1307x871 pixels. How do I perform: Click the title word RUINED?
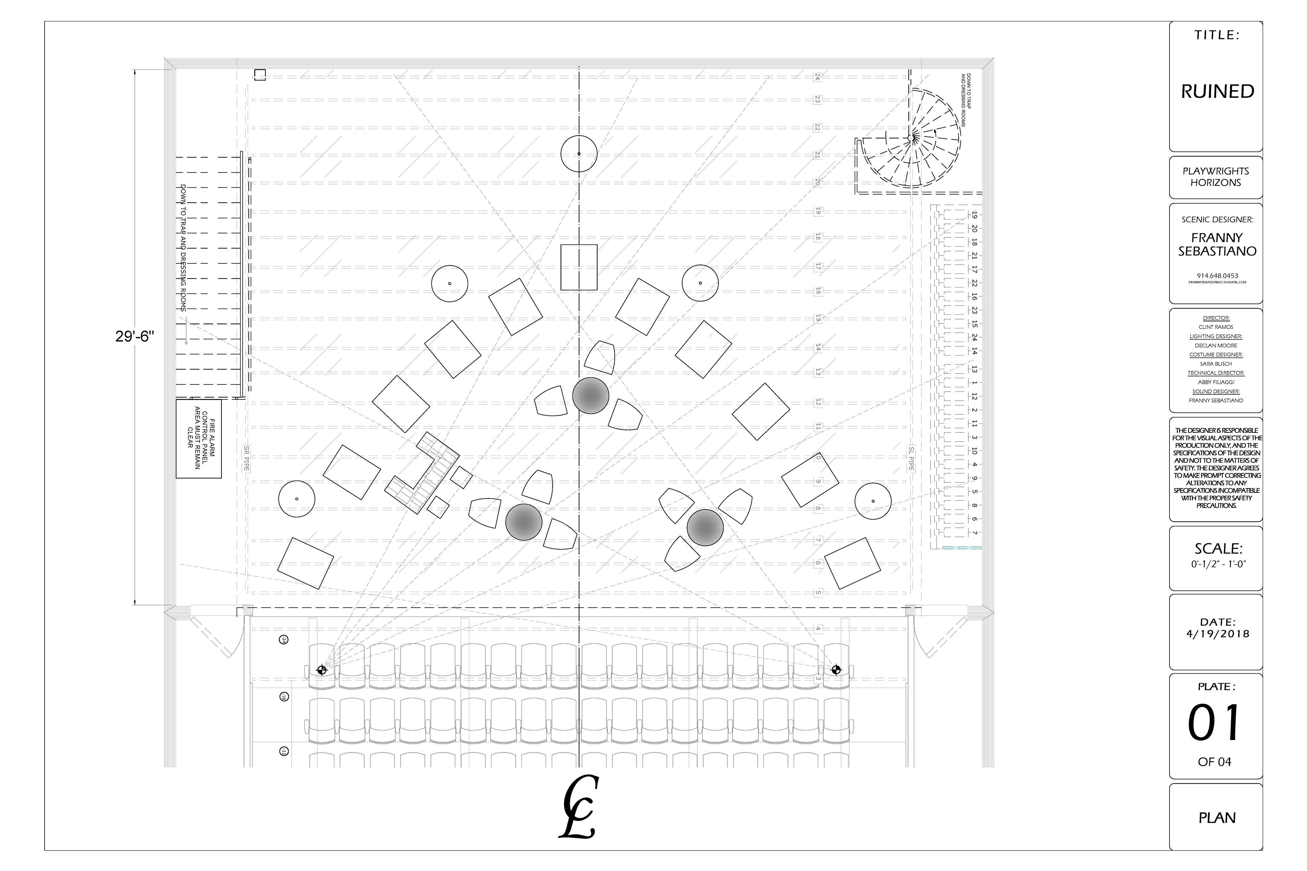(x=1217, y=91)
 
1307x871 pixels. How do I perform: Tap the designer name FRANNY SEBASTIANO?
(x=1217, y=244)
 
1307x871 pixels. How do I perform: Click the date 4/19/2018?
(x=1217, y=634)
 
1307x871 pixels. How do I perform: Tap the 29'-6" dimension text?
(x=134, y=336)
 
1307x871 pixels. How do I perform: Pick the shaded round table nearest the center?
(x=591, y=395)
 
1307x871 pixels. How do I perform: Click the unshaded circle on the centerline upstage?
(x=579, y=154)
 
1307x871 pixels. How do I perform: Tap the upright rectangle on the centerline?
(x=579, y=267)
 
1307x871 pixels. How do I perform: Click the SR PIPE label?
(x=246, y=458)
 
